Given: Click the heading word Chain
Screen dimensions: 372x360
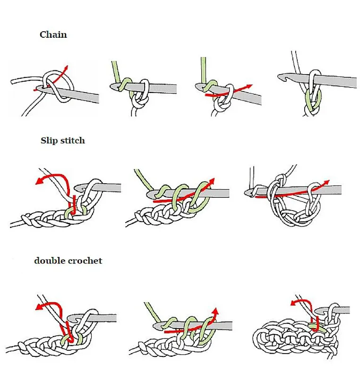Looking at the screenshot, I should click(x=53, y=34).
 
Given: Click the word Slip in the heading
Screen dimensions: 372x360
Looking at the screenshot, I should click(x=48, y=140).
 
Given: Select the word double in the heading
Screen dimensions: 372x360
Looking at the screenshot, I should click(x=49, y=260).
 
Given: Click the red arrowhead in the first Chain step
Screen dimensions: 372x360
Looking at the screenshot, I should click(x=67, y=67).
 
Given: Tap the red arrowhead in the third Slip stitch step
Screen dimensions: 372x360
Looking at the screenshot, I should click(x=326, y=182).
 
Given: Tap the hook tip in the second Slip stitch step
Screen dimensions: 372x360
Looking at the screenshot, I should click(x=150, y=194).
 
